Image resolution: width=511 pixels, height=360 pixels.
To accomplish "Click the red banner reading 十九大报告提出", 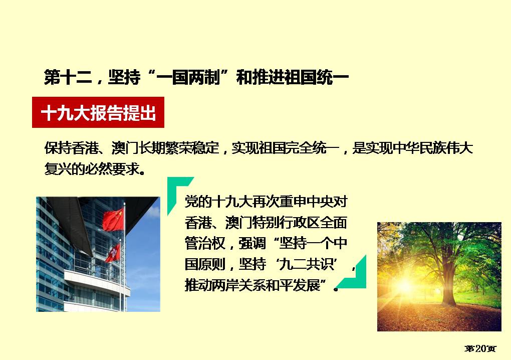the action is tap(98, 112).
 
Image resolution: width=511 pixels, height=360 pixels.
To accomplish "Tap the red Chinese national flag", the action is tap(113, 219).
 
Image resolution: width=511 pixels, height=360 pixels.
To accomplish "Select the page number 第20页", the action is tap(480, 348).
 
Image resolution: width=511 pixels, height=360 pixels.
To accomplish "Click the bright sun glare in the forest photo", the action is tap(404, 285).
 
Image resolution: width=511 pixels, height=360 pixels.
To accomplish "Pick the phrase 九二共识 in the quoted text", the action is tap(306, 264).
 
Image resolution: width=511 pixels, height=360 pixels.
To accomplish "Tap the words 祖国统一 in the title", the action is tap(317, 77).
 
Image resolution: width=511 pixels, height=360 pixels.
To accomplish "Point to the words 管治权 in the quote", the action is tap(205, 243).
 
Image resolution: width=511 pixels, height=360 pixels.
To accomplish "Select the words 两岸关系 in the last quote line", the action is tap(238, 285).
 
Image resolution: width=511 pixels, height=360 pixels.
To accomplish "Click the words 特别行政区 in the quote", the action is tap(286, 223).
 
